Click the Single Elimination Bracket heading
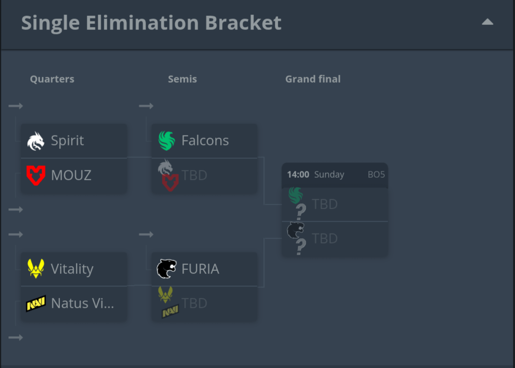click(151, 23)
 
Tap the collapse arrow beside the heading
click(487, 22)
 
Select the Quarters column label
click(52, 79)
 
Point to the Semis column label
click(182, 79)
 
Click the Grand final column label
click(313, 79)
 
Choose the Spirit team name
click(68, 141)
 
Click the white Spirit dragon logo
click(36, 141)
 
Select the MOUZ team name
click(71, 175)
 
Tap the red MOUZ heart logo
click(36, 175)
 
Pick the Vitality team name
click(72, 269)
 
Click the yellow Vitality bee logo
click(36, 269)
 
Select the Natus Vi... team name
click(83, 303)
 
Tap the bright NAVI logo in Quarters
click(36, 303)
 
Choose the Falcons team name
click(205, 141)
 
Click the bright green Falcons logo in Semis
click(167, 141)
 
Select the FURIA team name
click(200, 269)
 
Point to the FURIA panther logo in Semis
click(167, 269)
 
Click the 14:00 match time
click(298, 175)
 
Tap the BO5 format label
click(376, 175)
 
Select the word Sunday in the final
click(329, 175)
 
